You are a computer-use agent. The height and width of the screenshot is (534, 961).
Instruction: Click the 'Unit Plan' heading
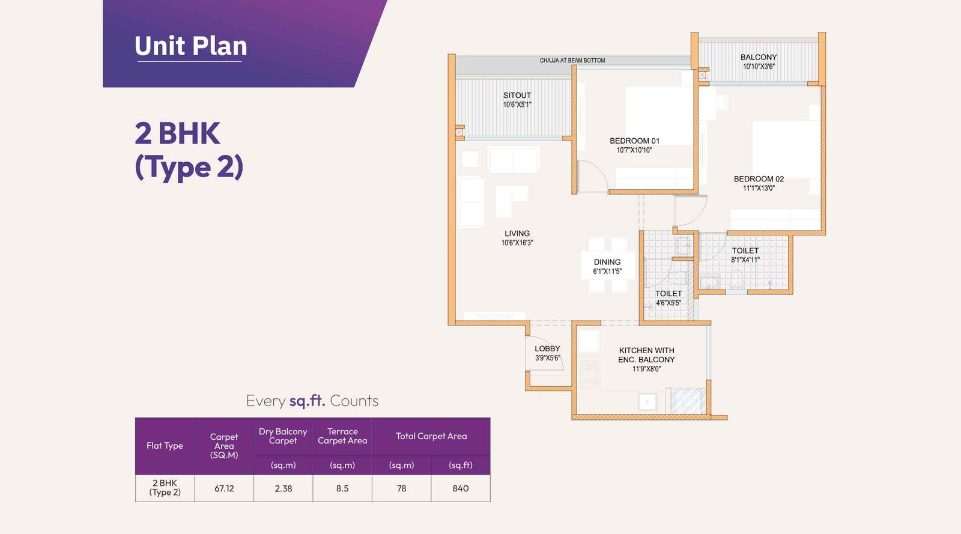click(191, 46)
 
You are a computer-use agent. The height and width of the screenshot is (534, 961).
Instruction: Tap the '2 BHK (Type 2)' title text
click(189, 150)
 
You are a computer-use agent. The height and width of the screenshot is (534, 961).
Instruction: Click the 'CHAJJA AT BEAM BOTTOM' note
click(572, 61)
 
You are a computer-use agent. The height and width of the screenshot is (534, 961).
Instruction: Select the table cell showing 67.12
click(224, 488)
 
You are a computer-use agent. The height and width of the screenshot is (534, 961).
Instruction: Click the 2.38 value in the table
click(283, 488)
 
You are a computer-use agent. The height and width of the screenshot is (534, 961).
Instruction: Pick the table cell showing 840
click(461, 488)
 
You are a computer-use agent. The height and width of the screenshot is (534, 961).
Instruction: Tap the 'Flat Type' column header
click(165, 446)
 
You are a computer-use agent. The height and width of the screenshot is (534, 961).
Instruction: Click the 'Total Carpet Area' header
click(431, 436)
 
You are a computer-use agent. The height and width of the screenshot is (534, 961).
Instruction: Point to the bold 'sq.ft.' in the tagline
click(307, 401)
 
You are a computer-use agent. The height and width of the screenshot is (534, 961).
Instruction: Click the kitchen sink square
click(647, 401)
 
